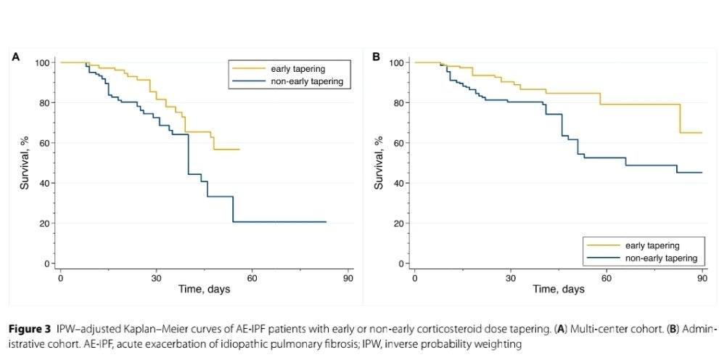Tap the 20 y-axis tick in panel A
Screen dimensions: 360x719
click(x=45, y=224)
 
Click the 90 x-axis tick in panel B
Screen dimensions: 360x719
click(x=702, y=277)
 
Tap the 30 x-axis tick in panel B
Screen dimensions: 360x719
click(x=510, y=277)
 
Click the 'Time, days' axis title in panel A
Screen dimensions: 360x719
click(x=205, y=290)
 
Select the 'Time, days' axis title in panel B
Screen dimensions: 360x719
click(x=559, y=290)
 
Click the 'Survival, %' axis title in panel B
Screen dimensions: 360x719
click(x=379, y=163)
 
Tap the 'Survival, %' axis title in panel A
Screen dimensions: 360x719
click(x=25, y=163)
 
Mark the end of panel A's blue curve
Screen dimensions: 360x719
click(x=326, y=221)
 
